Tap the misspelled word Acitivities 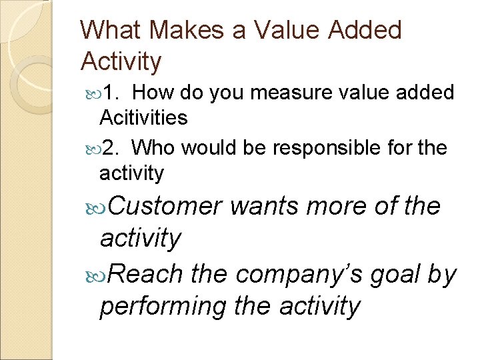pyautogui.click(x=143, y=118)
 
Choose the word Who pyautogui.click(x=157, y=147)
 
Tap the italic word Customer pyautogui.click(x=160, y=207)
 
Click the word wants pyautogui.click(x=265, y=207)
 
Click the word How pyautogui.click(x=157, y=93)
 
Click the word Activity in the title pyautogui.click(x=121, y=61)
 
